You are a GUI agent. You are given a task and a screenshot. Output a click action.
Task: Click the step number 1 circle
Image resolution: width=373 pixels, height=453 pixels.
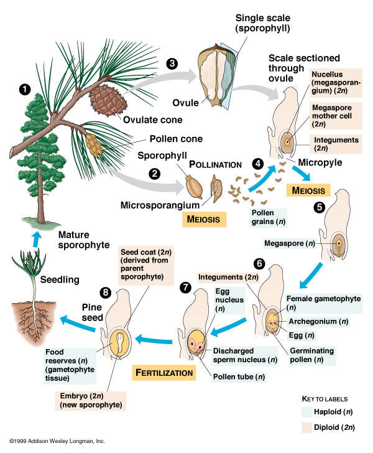pos(25,90)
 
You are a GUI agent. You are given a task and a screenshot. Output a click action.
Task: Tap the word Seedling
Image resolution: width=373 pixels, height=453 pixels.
pos(60,280)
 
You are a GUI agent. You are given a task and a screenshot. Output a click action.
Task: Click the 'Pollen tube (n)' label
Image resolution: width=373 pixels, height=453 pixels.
pos(237,376)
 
